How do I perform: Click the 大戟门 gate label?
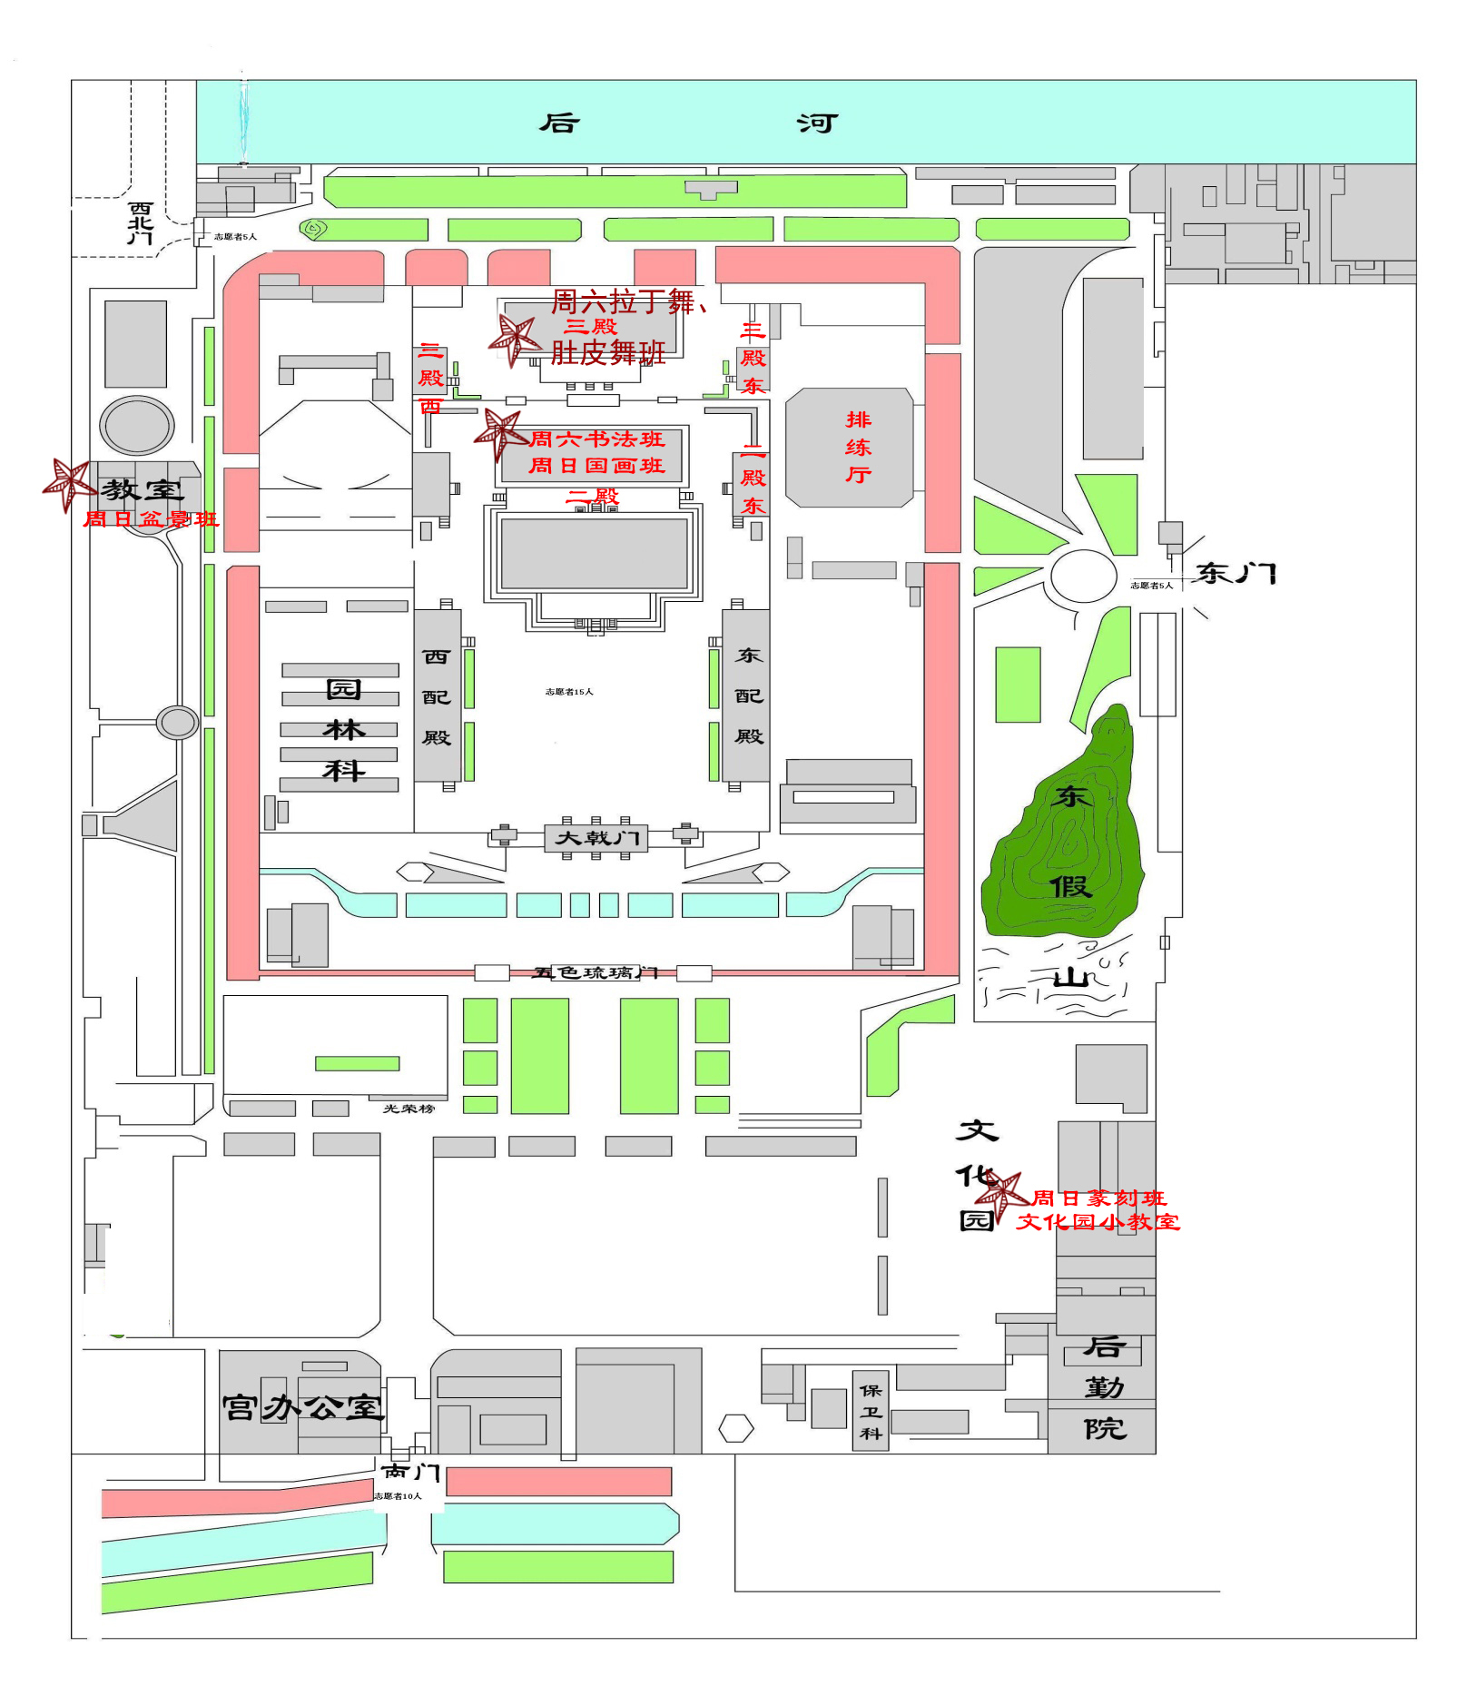596,837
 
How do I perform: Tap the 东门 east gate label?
1236,574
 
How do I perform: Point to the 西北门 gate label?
140,223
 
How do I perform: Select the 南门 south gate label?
410,1472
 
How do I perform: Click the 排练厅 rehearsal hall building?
850,448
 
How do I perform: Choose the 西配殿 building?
437,696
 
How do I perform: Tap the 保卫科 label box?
871,1412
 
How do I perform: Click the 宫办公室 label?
302,1407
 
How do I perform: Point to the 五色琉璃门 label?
595,973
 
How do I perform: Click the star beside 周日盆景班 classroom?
68,484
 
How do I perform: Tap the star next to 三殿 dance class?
516,340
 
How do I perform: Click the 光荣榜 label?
409,1109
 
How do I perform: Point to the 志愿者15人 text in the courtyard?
569,692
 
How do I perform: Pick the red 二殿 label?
593,496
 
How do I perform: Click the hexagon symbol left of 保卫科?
736,1428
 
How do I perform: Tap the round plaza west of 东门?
1083,575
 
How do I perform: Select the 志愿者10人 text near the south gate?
399,1496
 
